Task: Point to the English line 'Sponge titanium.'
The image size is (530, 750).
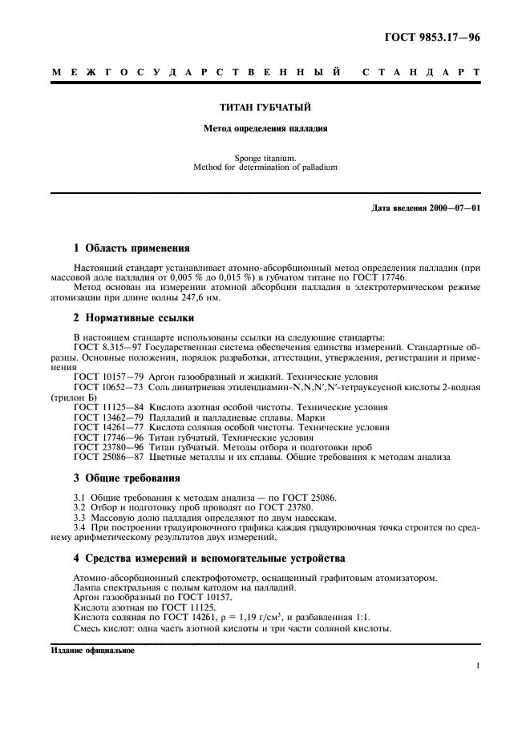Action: [265, 158]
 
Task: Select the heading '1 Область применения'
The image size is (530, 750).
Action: [131, 248]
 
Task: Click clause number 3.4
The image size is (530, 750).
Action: [79, 528]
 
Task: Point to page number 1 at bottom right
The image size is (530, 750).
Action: [477, 666]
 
